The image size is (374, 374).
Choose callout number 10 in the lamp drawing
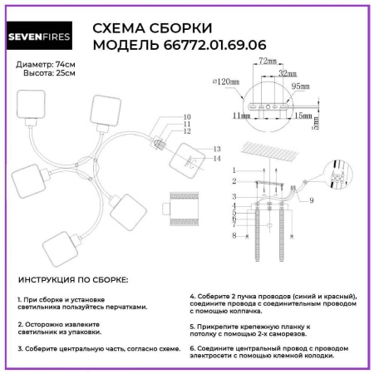coord(187,118)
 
